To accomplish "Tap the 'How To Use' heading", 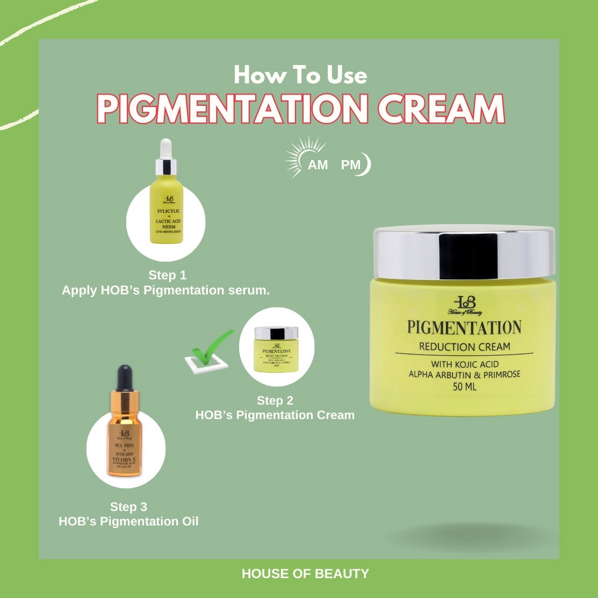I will [300, 75].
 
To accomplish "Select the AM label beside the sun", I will [318, 165].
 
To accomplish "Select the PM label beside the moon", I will [350, 165].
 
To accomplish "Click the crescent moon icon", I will [366, 164].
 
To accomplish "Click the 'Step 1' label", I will [168, 275].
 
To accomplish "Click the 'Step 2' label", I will [275, 400].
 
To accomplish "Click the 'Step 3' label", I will [128, 507].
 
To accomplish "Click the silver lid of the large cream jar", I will [463, 253].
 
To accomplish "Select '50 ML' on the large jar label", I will [464, 386].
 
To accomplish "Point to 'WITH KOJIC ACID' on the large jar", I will [464, 364].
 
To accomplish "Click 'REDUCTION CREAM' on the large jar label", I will [464, 346].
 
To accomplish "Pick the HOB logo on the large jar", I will [465, 304].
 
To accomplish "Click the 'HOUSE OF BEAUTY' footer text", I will [305, 574].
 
